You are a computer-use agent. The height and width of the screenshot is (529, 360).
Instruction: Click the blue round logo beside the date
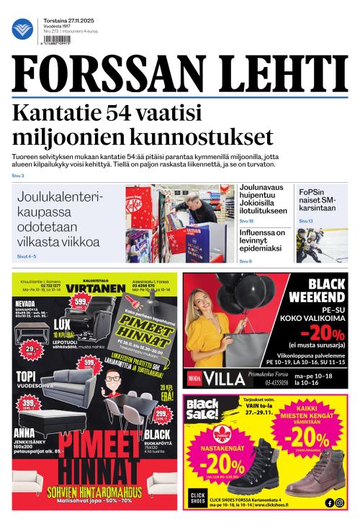(x=22, y=29)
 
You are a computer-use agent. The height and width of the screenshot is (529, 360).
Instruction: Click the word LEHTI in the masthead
(x=268, y=76)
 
